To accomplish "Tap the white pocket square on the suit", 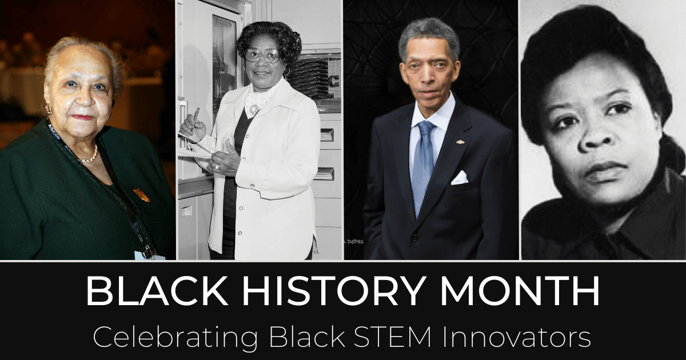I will click(x=460, y=178).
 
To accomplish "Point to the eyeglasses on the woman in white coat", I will click(x=262, y=55).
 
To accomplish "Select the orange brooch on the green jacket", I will click(x=141, y=195).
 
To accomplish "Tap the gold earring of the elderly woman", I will click(x=48, y=109).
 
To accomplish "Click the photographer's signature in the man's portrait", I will click(x=354, y=241).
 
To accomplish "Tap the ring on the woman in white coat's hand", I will click(x=217, y=167).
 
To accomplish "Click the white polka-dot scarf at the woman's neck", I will click(x=256, y=101).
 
